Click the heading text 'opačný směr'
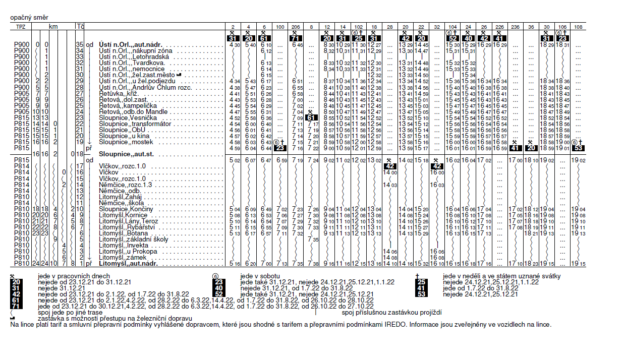[27, 18]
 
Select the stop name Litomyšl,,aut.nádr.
[129, 264]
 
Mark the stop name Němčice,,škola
[118, 202]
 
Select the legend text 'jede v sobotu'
[259, 276]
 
